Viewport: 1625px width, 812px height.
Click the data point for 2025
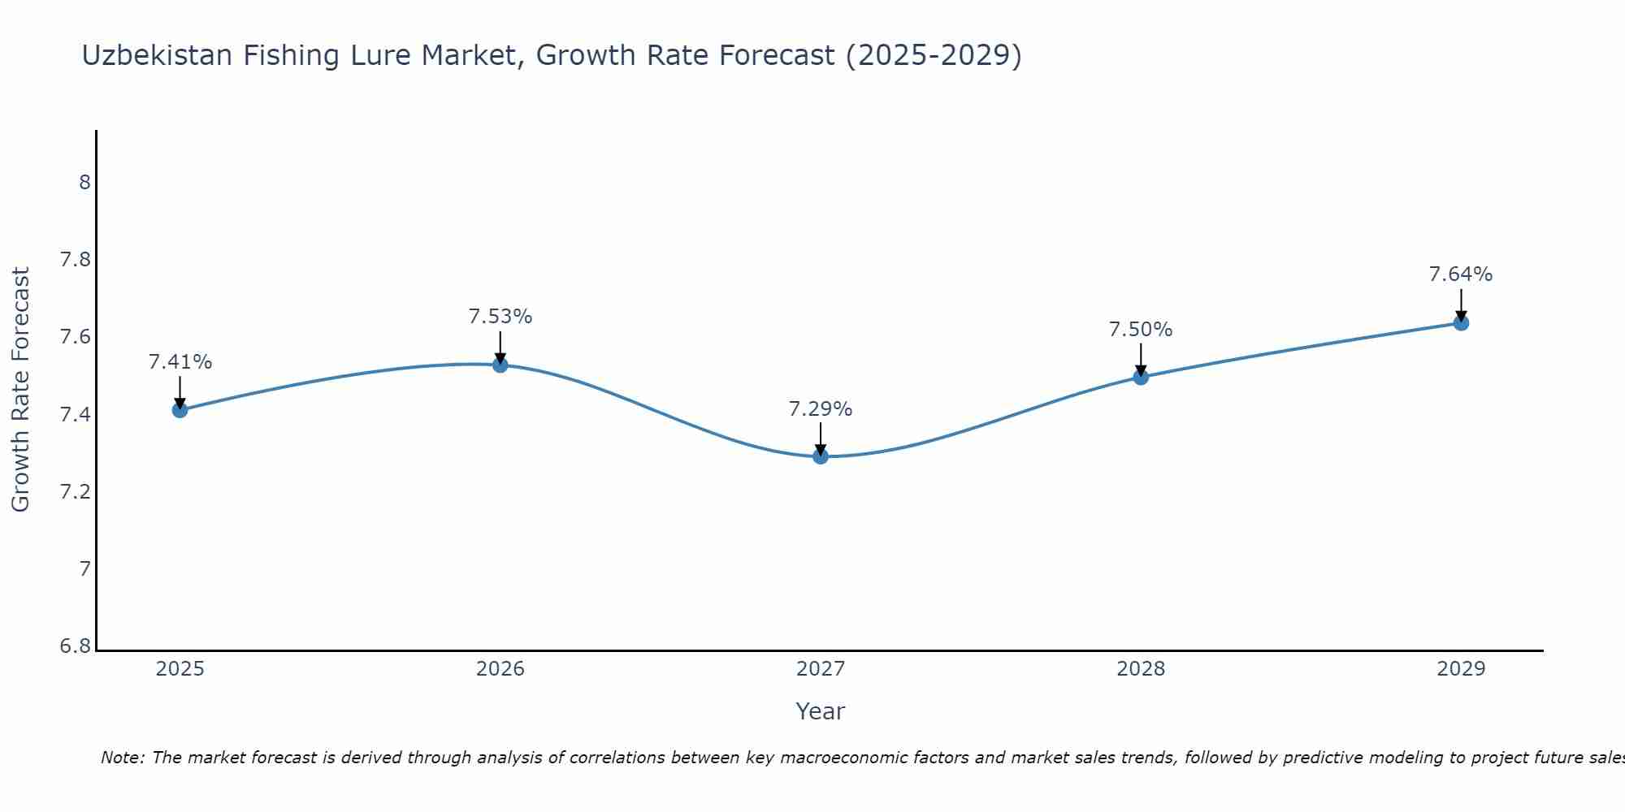coord(180,410)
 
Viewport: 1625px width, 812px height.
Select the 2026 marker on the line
coord(500,365)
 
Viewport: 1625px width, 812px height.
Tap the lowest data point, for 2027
coord(821,456)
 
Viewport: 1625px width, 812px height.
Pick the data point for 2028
coord(1141,377)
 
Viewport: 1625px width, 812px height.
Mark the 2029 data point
coord(1461,323)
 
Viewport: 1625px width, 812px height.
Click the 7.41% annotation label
coord(180,362)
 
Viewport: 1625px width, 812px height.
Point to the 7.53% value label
coord(500,317)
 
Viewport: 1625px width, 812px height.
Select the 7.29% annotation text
coord(821,409)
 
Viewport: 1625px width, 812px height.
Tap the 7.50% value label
coord(1141,330)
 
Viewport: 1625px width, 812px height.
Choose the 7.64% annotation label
coord(1461,274)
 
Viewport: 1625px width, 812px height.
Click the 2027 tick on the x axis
coord(821,669)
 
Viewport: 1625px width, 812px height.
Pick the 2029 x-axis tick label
coord(1461,669)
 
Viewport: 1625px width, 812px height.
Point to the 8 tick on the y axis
coord(84,183)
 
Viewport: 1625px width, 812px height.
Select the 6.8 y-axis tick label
coord(75,647)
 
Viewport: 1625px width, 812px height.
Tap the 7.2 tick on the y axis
coord(75,492)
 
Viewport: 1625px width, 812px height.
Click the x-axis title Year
coord(821,711)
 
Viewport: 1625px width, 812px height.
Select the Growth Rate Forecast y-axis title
coord(20,390)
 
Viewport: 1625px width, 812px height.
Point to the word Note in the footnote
coord(122,758)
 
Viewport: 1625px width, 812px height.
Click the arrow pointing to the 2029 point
coord(1461,304)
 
